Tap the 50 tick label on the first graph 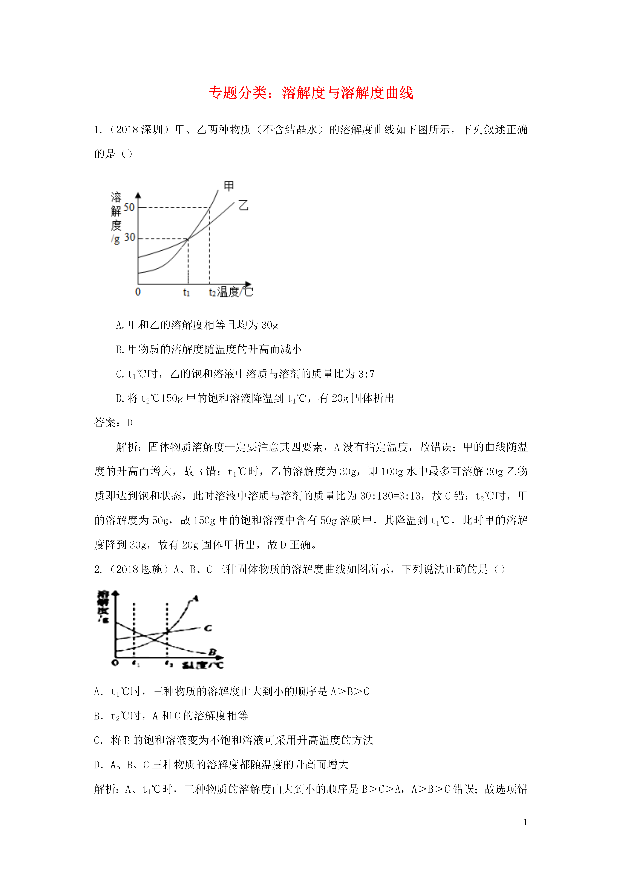coord(129,207)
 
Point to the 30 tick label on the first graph coord(130,237)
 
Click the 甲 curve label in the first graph coord(229,186)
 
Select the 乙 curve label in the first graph coord(243,206)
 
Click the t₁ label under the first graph coord(186,292)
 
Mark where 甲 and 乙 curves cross coord(188,239)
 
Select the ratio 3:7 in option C coord(366,374)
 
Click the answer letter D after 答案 coord(130,423)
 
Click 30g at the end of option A coord(270,325)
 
